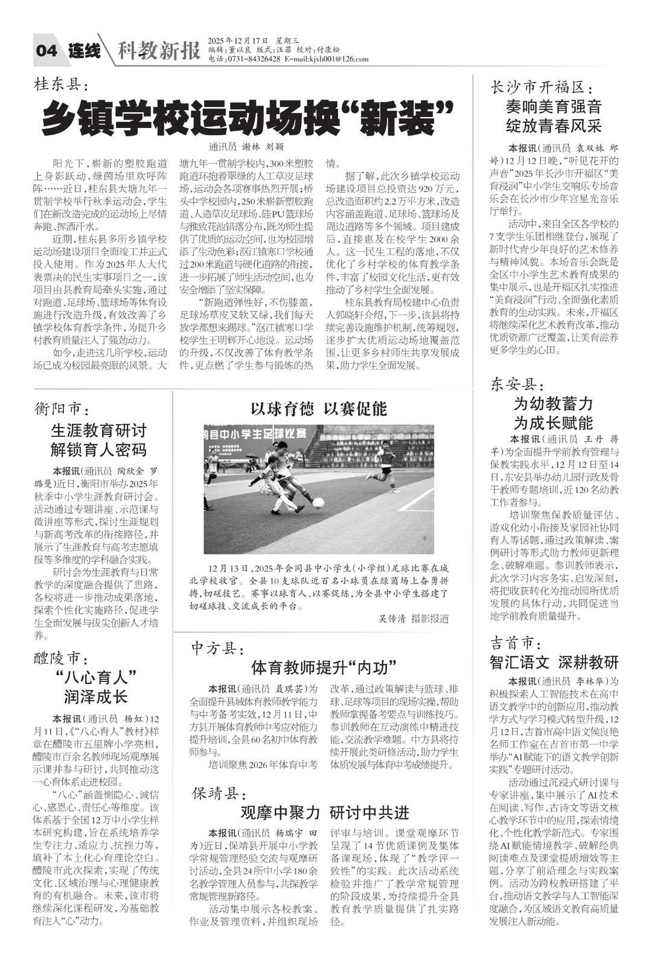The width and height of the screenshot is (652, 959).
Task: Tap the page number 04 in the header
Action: tap(46, 51)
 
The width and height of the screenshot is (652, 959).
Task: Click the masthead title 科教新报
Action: tap(159, 51)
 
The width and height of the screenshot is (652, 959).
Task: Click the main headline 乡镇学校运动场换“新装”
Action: tap(248, 117)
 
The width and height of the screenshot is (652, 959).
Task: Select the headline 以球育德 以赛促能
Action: tap(319, 409)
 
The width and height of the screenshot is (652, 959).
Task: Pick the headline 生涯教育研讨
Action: tap(98, 431)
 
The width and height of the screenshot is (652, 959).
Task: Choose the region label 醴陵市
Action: tap(61, 657)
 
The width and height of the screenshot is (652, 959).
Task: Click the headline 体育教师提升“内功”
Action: tap(324, 667)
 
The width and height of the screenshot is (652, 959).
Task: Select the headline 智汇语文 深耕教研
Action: tap(554, 662)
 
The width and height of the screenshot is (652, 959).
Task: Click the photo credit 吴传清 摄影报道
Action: tap(413, 618)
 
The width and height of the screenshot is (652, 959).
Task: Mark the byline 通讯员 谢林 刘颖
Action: tap(246, 146)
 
